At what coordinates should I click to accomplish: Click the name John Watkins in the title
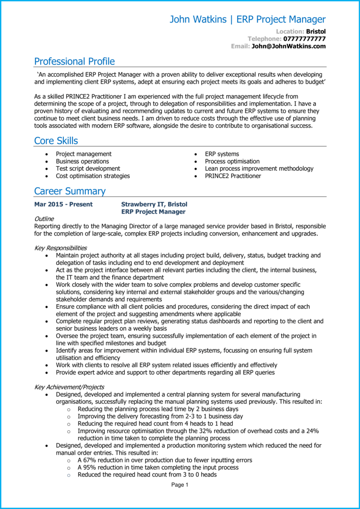point(197,20)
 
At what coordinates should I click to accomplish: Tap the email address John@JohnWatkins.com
point(288,46)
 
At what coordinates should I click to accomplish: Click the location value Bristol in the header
point(316,31)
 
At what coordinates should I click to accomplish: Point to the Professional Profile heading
point(74,61)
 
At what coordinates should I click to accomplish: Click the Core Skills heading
point(56,141)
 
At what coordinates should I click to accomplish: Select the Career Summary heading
point(70,191)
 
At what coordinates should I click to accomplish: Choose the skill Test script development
point(88,168)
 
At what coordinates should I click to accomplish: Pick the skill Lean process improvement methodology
point(259,168)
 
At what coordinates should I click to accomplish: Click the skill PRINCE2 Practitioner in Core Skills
point(233,176)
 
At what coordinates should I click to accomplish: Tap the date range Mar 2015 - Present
point(63,204)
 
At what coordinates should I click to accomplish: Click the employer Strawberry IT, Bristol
point(154,204)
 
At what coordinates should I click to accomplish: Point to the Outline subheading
point(44,219)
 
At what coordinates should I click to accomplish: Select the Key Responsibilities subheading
point(60,248)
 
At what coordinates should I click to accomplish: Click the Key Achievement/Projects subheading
point(69,387)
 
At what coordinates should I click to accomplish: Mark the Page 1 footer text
point(180,485)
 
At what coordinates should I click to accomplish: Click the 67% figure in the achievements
point(89,460)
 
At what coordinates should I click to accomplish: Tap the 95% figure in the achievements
point(89,467)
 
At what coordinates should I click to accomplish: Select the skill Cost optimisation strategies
point(93,176)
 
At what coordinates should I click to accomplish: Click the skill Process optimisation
point(232,161)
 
